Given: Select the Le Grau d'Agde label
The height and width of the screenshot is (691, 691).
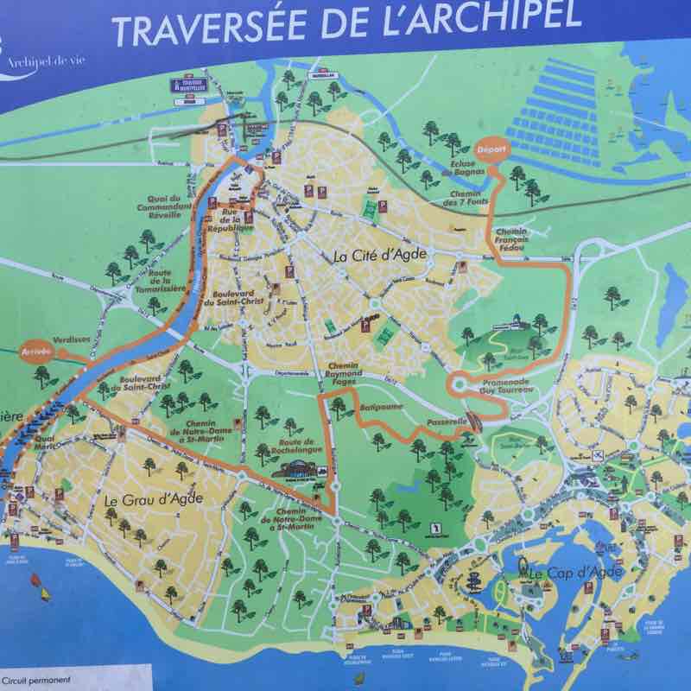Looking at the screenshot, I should pyautogui.click(x=141, y=500).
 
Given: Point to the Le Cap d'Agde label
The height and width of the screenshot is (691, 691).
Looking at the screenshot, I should pyautogui.click(x=571, y=573).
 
